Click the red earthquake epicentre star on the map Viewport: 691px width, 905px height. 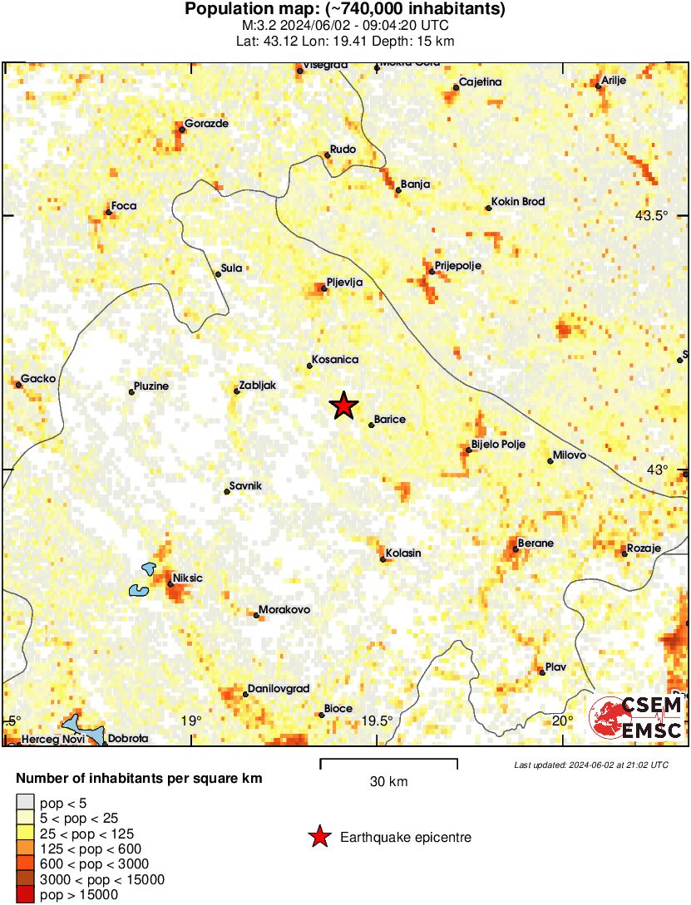pos(343,406)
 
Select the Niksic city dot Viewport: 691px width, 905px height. pos(170,584)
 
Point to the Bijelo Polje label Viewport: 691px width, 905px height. pos(498,445)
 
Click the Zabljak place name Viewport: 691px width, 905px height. pos(258,386)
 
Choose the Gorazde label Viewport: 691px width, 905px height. pos(206,124)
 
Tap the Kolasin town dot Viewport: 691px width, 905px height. pos(383,560)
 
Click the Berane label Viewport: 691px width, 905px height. pos(536,543)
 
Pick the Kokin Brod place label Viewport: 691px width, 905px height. pos(518,201)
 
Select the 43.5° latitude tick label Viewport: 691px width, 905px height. pos(652,215)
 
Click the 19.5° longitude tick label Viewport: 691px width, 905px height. pos(377,721)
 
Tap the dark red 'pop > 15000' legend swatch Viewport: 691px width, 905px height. pos(25,894)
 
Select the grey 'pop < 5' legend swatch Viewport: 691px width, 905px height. pos(25,803)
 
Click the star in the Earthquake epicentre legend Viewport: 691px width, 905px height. pos(318,837)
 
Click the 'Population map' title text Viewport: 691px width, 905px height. pos(345,10)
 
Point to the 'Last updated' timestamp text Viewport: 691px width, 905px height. pos(590,765)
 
